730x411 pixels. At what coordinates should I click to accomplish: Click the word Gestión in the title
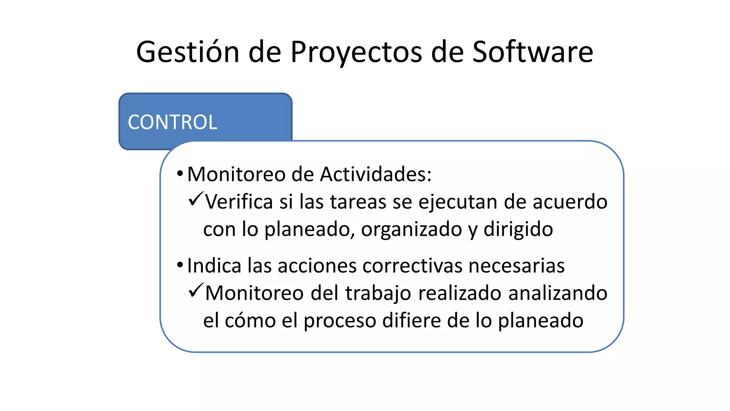tap(187, 52)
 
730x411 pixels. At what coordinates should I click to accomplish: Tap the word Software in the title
tap(533, 52)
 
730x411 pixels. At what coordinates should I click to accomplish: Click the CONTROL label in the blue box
tap(173, 122)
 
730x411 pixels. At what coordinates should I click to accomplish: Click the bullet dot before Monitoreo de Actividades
tap(180, 174)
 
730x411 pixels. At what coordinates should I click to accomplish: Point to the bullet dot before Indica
tap(180, 265)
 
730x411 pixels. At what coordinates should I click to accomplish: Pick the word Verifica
tap(239, 202)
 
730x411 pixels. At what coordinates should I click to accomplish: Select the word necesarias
tap(516, 266)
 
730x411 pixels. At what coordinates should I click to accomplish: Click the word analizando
tap(557, 293)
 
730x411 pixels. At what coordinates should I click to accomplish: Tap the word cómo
tap(250, 320)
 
